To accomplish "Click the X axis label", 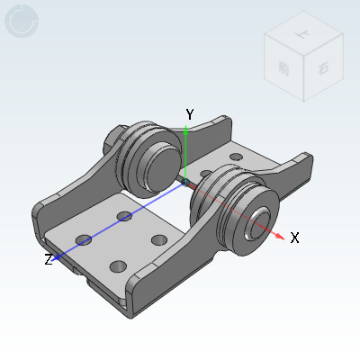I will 294,238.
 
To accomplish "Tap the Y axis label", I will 189,114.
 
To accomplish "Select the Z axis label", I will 49,259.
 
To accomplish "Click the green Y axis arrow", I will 185,149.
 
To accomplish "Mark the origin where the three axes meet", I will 185,182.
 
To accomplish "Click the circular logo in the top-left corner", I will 22,22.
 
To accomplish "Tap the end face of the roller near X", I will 261,221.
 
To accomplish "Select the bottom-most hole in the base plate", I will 118,265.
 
